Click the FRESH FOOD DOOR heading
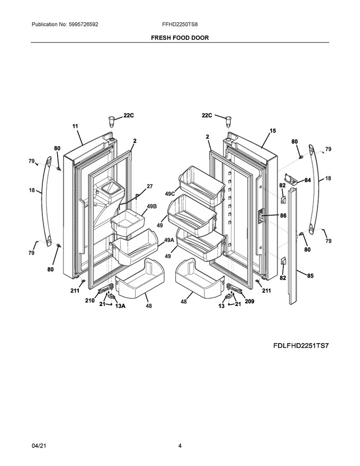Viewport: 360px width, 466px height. [x=179, y=38]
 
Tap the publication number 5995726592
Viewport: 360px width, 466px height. [x=83, y=24]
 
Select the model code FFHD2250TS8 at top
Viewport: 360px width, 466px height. [x=179, y=24]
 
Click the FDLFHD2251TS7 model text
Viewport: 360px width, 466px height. [x=301, y=346]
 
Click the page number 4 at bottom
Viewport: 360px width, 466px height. [x=179, y=445]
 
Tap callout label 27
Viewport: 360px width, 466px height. [x=149, y=186]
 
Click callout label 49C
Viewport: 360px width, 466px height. [x=170, y=194]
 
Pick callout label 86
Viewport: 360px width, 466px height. [x=283, y=216]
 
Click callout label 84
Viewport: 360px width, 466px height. [x=308, y=181]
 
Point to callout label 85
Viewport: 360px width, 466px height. [x=310, y=276]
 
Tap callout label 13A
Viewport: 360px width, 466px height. [x=120, y=306]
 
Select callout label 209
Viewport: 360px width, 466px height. [x=249, y=301]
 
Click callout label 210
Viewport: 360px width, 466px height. [x=89, y=300]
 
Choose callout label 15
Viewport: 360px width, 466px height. [x=273, y=131]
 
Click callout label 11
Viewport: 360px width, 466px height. [x=75, y=126]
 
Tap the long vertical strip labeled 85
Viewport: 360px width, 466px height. [x=293, y=245]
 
